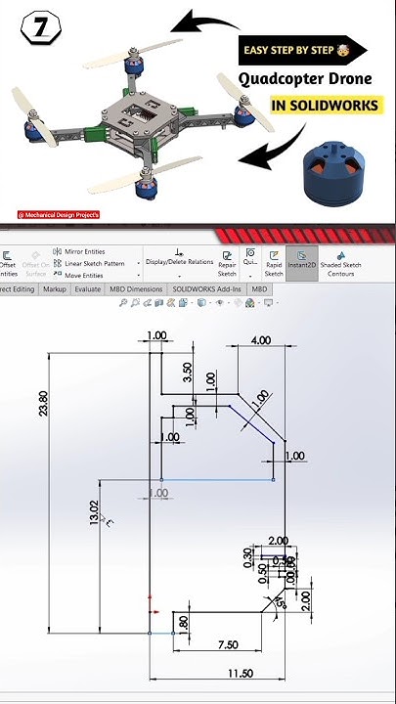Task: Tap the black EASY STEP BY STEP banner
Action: pos(303,51)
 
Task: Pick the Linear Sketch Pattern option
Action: pos(94,263)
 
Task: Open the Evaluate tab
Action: pos(88,289)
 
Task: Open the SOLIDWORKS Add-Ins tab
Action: pos(207,289)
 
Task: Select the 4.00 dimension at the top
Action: pos(260,340)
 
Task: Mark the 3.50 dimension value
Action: pos(188,373)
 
